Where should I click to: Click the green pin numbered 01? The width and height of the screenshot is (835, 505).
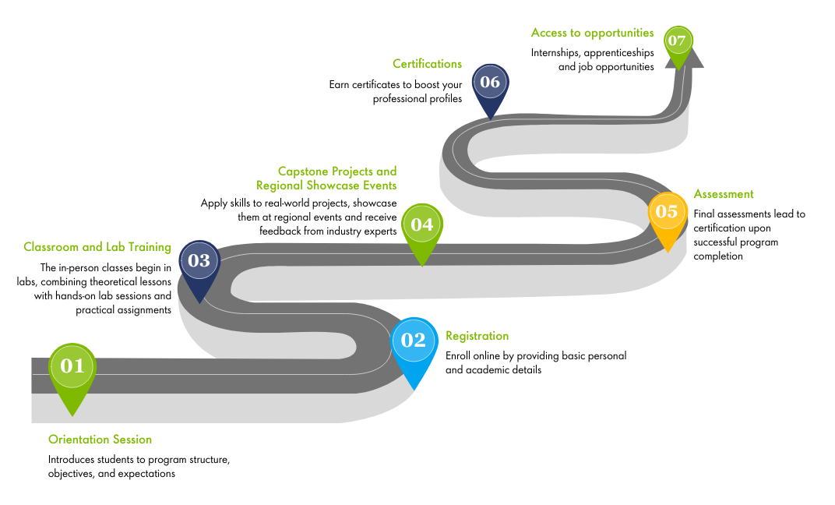(x=72, y=366)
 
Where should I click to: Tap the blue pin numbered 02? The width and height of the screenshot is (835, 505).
(x=414, y=341)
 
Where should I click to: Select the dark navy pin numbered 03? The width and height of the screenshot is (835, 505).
(x=199, y=262)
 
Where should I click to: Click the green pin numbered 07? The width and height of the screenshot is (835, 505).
(x=678, y=41)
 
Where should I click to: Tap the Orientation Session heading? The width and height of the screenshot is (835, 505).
(x=100, y=440)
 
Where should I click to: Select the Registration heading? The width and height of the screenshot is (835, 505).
(x=477, y=336)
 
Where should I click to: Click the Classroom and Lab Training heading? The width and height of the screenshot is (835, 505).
(x=97, y=247)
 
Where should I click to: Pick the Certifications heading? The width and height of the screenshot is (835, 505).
(x=427, y=64)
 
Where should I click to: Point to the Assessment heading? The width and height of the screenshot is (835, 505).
(x=724, y=194)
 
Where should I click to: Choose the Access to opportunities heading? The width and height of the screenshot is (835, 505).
(x=592, y=33)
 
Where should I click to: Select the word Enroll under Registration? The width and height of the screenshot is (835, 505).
(x=459, y=356)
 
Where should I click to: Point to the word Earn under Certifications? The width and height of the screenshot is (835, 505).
(x=340, y=85)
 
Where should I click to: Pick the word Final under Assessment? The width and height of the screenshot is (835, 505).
(x=706, y=214)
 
